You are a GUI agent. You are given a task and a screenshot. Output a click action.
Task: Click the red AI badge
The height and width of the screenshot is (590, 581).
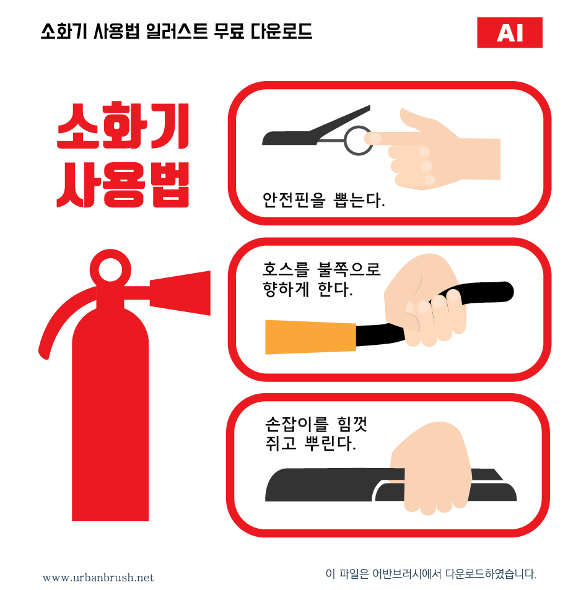point(509,33)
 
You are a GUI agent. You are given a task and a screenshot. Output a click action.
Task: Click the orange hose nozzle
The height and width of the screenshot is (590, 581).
point(310,337)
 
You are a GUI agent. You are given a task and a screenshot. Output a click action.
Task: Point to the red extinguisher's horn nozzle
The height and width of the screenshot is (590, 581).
point(180,293)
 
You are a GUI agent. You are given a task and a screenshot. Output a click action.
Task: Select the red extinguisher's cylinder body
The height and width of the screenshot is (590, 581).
point(110,414)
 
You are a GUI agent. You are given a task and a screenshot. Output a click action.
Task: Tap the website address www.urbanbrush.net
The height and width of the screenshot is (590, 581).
point(98,578)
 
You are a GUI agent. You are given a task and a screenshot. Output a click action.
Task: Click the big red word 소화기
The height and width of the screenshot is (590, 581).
point(123,126)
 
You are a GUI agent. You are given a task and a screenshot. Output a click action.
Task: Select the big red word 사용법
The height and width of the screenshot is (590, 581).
point(123,184)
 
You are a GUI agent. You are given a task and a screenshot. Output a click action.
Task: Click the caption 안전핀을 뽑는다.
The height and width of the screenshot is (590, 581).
point(323,200)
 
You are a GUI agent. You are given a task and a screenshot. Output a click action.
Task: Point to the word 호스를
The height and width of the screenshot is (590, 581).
point(286,269)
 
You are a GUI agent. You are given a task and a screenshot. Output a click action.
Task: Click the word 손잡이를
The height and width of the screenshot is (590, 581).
point(297,424)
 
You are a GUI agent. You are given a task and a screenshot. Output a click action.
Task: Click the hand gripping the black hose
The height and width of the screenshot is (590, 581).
point(426,300)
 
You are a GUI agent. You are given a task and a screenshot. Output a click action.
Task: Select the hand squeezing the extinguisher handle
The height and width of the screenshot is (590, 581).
point(431,469)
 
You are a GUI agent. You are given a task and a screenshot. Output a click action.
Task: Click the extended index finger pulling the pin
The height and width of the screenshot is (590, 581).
point(391,139)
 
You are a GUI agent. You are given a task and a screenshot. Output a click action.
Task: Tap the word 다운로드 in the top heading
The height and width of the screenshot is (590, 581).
point(281,31)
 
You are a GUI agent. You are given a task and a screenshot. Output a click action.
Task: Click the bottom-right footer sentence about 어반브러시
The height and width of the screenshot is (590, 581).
point(430,574)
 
